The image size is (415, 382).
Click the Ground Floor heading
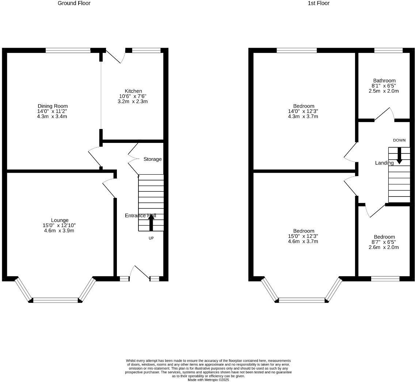74,3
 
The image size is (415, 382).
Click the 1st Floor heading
319,3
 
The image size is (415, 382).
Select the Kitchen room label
133,91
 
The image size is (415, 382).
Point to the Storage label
152,159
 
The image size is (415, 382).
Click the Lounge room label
60,220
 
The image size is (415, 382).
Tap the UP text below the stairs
151,238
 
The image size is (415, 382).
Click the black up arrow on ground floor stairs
151,222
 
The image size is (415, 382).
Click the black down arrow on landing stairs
399,155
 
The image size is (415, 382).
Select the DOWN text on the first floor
399,140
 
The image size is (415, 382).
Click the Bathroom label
384,81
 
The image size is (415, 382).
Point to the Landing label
384,163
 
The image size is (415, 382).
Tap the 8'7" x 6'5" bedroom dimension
384,242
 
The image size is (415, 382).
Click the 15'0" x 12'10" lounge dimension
59,225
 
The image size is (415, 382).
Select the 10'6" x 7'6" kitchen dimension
133,96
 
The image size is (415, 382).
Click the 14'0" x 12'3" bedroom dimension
303,111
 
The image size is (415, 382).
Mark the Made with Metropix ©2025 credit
208,380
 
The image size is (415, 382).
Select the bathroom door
384,114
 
